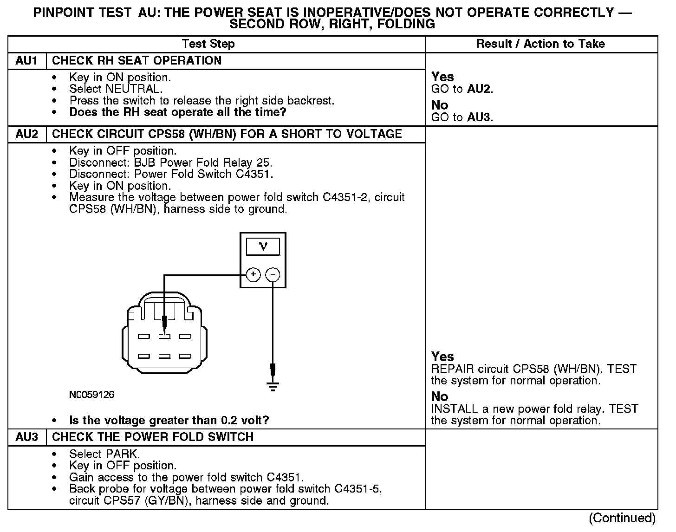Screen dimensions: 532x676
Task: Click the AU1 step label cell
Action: (x=27, y=61)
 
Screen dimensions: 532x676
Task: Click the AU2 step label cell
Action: (x=27, y=134)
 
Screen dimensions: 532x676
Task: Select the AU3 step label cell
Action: (x=27, y=437)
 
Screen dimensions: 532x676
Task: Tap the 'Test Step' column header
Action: (x=208, y=44)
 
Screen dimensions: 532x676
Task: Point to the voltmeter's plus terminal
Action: (x=253, y=275)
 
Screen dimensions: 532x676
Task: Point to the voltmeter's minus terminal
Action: (x=273, y=275)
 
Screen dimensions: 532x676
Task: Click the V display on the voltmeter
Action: (x=263, y=247)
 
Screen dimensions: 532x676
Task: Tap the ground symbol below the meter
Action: (x=273, y=386)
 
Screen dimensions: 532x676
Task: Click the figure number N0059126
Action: (x=92, y=395)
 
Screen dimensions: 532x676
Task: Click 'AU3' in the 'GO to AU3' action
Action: (x=479, y=117)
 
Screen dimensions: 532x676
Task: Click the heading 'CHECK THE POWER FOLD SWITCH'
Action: (x=153, y=437)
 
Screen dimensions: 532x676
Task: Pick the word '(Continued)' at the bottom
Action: (x=623, y=519)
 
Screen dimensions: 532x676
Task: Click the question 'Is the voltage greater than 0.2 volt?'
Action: (x=169, y=421)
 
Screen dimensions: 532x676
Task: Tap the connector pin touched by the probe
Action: (x=164, y=336)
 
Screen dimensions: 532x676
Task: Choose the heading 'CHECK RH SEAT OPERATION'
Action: (x=136, y=61)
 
